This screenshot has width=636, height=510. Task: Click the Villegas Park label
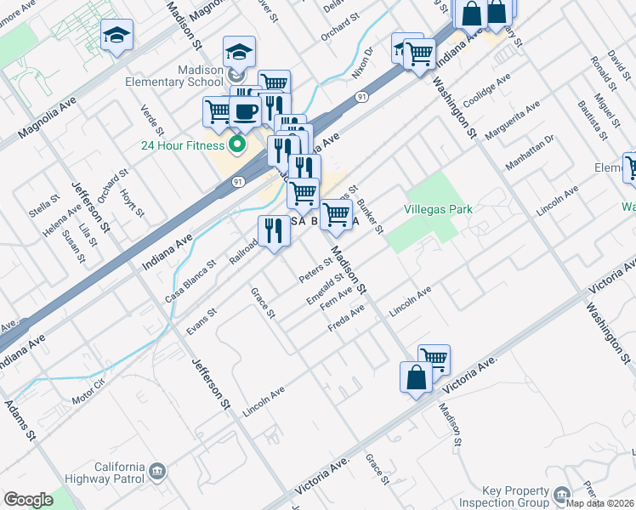(x=439, y=209)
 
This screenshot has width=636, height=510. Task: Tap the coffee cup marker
(x=246, y=112)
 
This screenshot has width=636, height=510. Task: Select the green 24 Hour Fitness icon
(x=237, y=144)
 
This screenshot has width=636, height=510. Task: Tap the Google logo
(x=28, y=500)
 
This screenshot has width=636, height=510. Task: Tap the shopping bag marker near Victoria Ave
(x=416, y=379)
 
